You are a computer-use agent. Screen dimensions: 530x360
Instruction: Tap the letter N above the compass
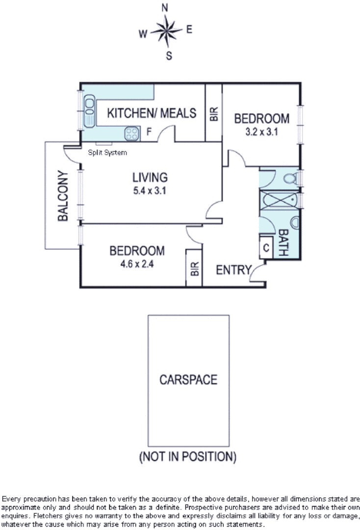point(166,8)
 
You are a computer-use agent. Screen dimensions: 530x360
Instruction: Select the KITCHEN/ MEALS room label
point(152,113)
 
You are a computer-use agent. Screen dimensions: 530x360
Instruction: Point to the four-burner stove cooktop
point(131,132)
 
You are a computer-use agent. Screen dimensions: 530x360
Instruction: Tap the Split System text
point(107,153)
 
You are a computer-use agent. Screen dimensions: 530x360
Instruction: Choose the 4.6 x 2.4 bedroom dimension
point(137,264)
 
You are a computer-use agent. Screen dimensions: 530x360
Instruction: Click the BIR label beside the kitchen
point(214,114)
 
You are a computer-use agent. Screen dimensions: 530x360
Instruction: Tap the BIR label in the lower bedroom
point(194,268)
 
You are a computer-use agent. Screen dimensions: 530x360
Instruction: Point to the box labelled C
point(266,248)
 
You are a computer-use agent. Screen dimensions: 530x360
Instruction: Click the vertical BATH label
point(283,243)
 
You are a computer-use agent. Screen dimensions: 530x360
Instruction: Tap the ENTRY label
point(233,270)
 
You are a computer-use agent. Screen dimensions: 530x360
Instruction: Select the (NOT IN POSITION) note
point(188,456)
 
